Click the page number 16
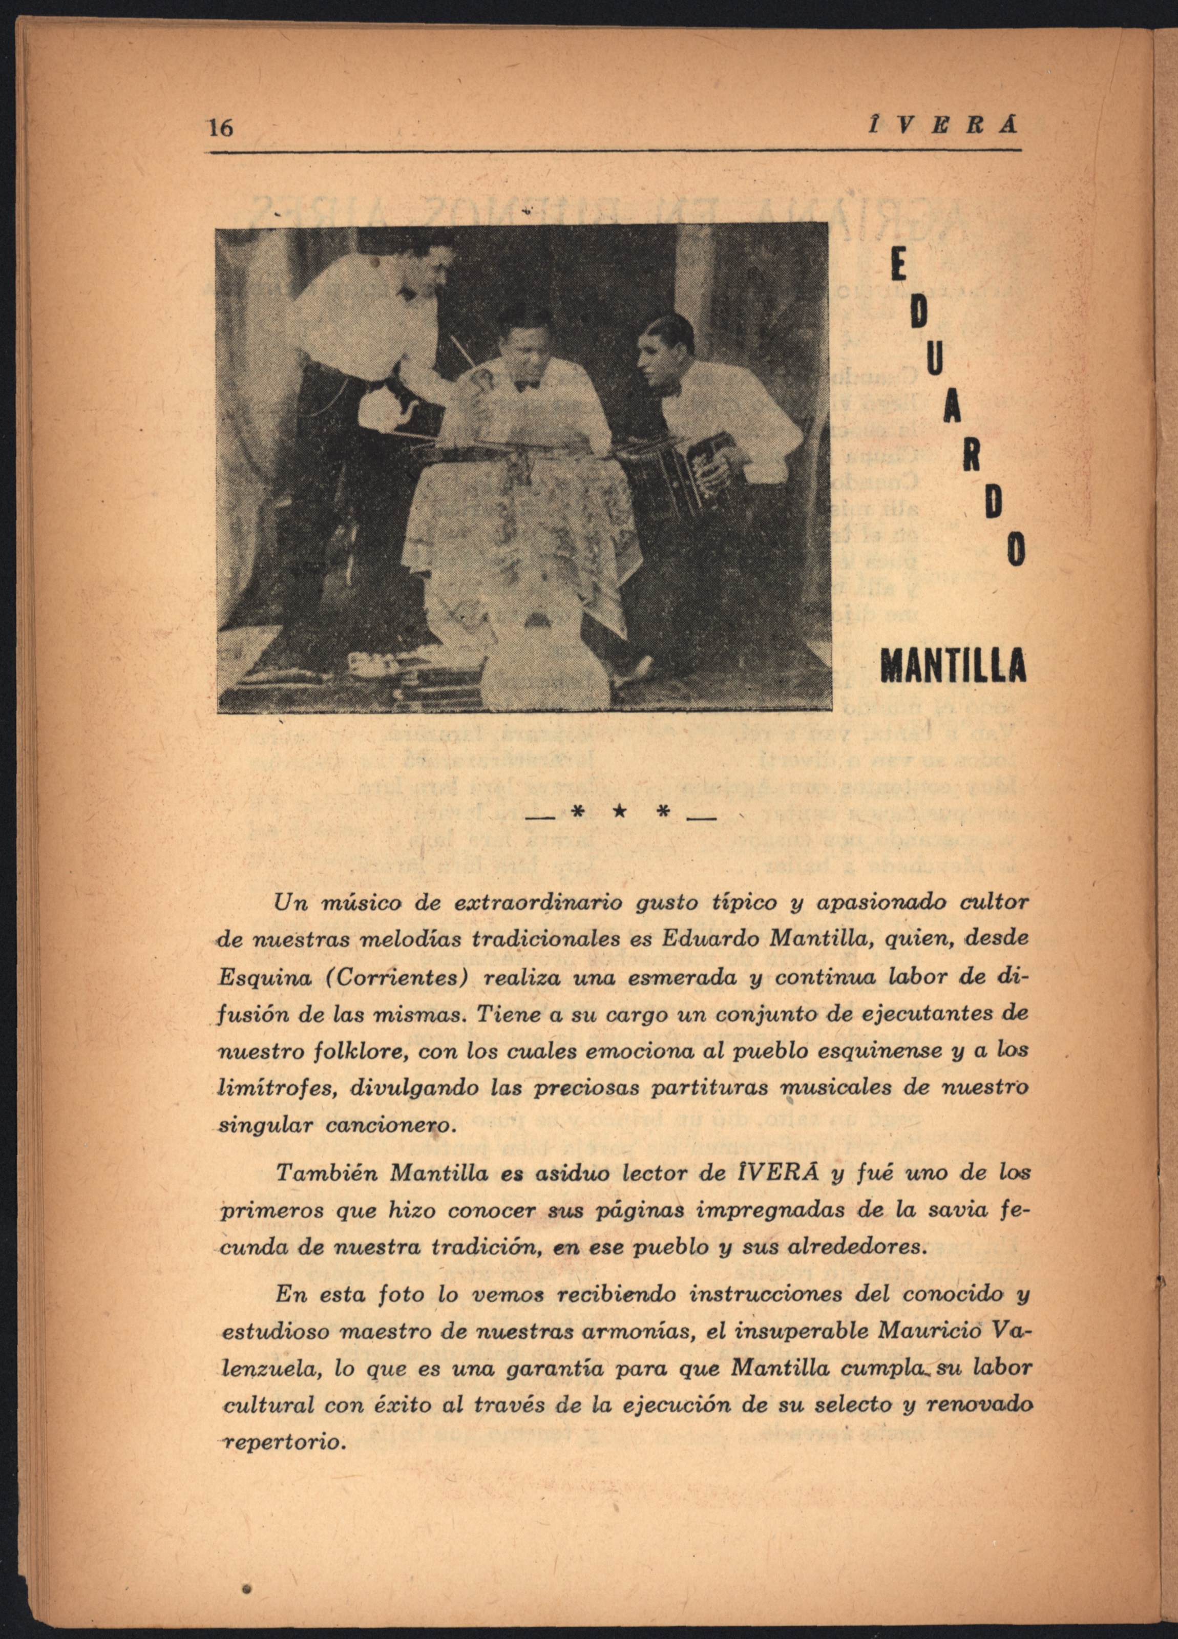(220, 128)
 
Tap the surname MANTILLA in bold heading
(953, 665)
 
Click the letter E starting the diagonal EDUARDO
(898, 269)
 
